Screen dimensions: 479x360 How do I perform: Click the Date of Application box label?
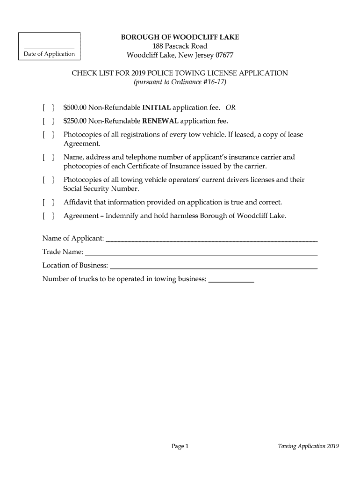coord(49,54)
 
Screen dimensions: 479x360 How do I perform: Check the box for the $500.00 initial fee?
coord(49,108)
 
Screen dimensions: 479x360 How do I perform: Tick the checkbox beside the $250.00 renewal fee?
coord(49,122)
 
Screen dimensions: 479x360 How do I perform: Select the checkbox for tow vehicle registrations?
coord(49,135)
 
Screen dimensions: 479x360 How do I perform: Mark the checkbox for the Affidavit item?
coord(49,203)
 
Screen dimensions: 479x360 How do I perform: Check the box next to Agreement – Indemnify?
coord(49,216)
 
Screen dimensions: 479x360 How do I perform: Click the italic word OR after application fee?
coord(230,108)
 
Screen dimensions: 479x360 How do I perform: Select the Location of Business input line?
coord(213,266)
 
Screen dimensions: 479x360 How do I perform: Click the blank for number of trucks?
coord(231,280)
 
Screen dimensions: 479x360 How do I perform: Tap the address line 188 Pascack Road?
coord(180,46)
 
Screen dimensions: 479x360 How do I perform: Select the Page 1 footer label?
coord(180,446)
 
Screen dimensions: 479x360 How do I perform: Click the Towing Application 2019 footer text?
coord(309,446)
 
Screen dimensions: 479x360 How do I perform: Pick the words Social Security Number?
coord(101,189)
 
